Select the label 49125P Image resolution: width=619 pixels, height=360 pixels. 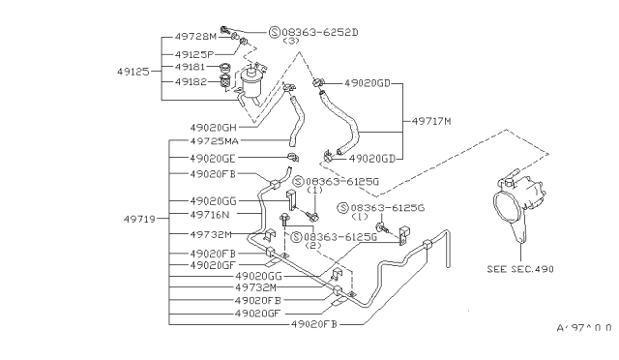pos(196,54)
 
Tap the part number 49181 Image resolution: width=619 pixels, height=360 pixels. pos(192,68)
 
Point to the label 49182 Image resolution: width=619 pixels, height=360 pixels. pos(192,83)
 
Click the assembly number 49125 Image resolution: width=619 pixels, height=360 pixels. pos(134,71)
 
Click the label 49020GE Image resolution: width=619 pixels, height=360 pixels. pos(212,158)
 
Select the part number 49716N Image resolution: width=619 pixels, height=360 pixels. pos(211,215)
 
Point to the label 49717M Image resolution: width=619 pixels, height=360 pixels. pos(433,120)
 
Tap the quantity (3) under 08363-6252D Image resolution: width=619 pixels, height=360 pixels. pos(290,43)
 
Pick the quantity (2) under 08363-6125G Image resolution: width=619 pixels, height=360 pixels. pos(312,246)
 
